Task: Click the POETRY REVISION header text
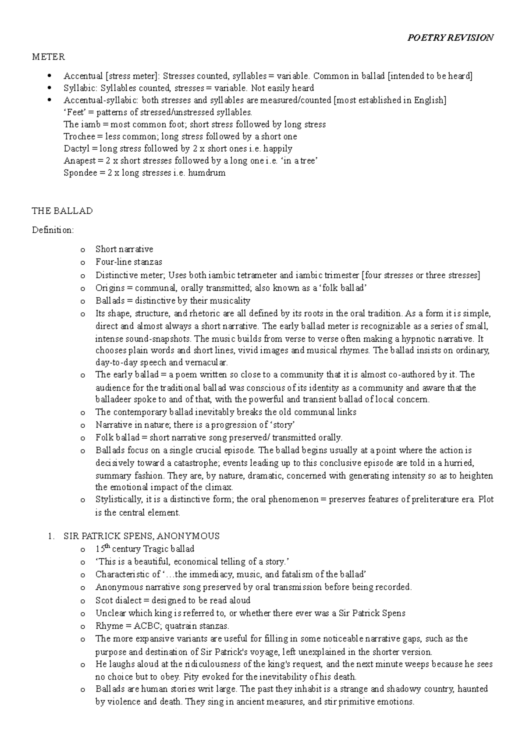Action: (x=450, y=38)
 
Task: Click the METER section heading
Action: (x=48, y=57)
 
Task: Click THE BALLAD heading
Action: (x=62, y=211)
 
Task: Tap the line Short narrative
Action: (x=124, y=249)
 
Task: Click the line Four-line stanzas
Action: (x=128, y=262)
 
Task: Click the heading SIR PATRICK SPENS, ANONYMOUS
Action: (x=141, y=536)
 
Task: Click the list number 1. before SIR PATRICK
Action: (x=51, y=536)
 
